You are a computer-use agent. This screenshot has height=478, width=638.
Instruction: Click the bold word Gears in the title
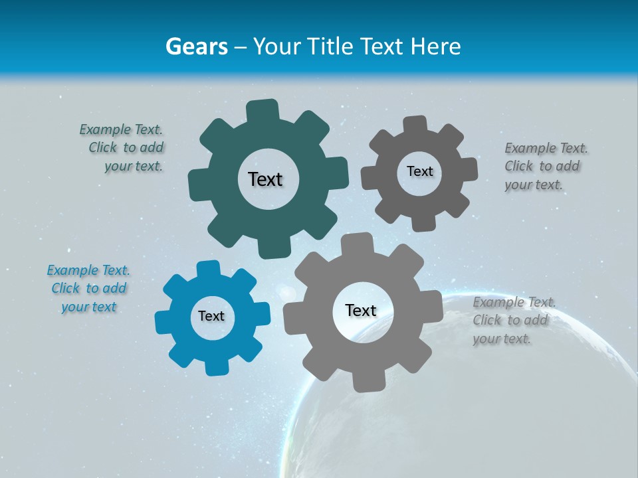tap(196, 46)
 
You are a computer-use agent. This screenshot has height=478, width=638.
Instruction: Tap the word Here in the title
tap(435, 46)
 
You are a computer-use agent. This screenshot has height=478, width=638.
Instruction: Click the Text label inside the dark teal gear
tap(265, 179)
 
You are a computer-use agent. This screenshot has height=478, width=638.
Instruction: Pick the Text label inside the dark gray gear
tap(419, 171)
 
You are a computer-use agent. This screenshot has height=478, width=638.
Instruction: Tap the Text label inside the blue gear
tap(211, 316)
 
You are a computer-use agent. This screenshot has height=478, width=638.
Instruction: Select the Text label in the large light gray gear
tap(360, 310)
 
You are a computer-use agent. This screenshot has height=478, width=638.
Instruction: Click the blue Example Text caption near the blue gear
tap(88, 288)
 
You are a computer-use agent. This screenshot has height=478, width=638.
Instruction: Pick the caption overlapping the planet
tap(513, 320)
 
